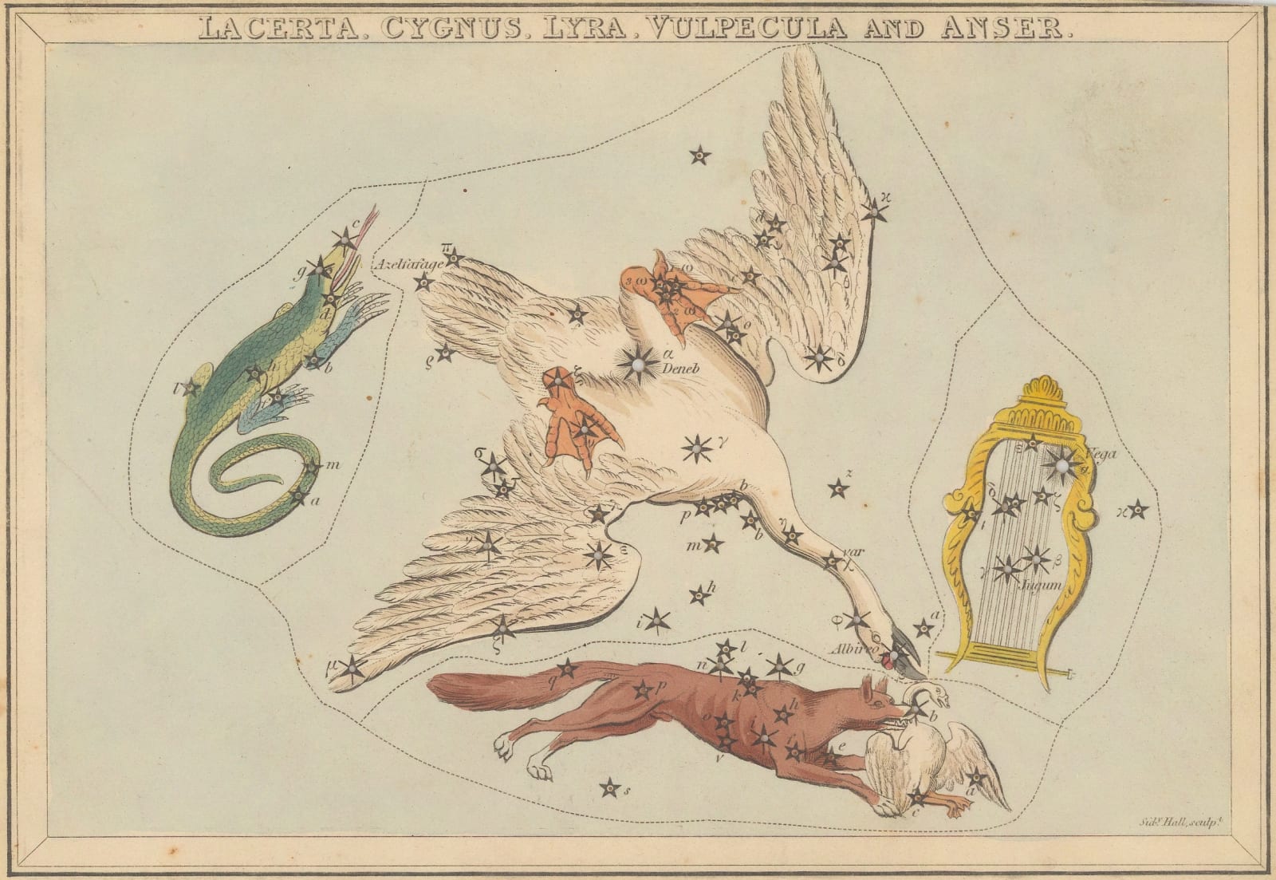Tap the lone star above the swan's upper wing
[x=699, y=156]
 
